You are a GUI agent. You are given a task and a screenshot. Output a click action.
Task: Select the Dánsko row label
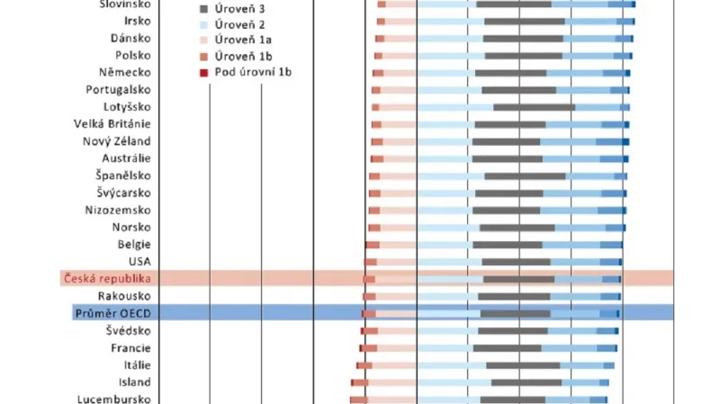tap(130, 39)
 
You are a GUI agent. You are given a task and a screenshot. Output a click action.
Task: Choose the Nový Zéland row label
tap(117, 141)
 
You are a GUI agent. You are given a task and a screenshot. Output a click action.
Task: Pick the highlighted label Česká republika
tap(107, 279)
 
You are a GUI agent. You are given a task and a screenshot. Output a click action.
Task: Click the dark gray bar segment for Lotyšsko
tap(534, 107)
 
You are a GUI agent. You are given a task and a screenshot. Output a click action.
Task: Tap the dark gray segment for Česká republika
tap(518, 279)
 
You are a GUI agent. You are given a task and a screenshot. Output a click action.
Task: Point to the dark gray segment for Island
tap(526, 382)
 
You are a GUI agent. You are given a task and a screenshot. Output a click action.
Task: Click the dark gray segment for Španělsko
tap(525, 175)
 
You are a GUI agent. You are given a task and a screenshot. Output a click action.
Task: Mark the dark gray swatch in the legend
tap(203, 8)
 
